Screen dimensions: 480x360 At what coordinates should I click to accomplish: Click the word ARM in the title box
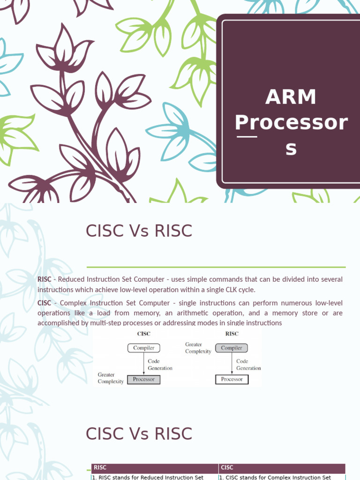pos(291,97)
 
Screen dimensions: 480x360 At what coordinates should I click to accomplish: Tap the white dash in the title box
pos(247,137)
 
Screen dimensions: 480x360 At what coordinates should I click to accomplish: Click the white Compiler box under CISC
pos(143,348)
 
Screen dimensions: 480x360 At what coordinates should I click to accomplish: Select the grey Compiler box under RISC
pos(232,348)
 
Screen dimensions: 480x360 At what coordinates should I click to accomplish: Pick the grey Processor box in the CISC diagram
pos(143,379)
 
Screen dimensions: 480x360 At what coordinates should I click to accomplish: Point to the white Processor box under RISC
pos(232,379)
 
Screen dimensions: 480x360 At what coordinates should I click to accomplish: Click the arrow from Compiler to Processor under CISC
pos(143,363)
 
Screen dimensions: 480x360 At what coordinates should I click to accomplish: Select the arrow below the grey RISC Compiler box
pos(232,364)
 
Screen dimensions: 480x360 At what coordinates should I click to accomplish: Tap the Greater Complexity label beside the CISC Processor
pos(111,378)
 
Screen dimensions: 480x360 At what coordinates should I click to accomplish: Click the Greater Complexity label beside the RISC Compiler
pos(198,348)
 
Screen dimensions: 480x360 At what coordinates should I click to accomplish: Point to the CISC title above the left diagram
pos(143,334)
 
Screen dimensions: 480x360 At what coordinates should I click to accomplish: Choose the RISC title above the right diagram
pos(232,334)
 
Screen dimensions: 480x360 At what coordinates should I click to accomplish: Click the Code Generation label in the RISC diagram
pos(248,365)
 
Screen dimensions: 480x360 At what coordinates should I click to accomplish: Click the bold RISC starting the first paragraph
pos(45,279)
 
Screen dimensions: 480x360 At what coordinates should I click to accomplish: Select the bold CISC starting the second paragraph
pos(44,303)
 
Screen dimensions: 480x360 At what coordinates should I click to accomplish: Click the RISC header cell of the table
pos(155,467)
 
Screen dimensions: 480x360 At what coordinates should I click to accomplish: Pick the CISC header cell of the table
pos(282,467)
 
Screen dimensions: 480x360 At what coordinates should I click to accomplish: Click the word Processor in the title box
pos(291,123)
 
